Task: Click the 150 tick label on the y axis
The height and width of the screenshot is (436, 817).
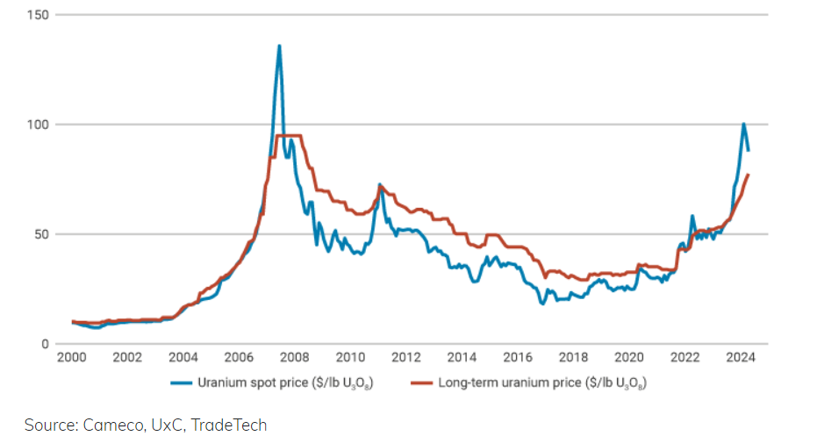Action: (x=39, y=15)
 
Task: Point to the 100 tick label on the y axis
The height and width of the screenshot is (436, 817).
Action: (x=39, y=125)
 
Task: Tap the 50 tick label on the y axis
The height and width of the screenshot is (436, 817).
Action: (x=42, y=234)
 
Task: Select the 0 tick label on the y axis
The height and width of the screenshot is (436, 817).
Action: (x=46, y=344)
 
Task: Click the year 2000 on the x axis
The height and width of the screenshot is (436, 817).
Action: (x=72, y=358)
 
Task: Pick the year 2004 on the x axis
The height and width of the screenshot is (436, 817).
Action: (x=183, y=358)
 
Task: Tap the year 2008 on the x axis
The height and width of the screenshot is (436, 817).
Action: (x=295, y=358)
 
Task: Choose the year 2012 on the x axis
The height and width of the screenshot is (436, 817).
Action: (x=406, y=358)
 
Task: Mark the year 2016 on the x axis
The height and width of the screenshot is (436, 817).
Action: (x=518, y=358)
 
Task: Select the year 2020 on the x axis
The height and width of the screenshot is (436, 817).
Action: (x=629, y=358)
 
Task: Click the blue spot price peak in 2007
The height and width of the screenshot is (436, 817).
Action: (x=279, y=46)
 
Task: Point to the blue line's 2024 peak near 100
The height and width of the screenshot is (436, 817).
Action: (x=743, y=124)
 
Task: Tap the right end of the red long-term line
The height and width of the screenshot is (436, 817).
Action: (x=748, y=175)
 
